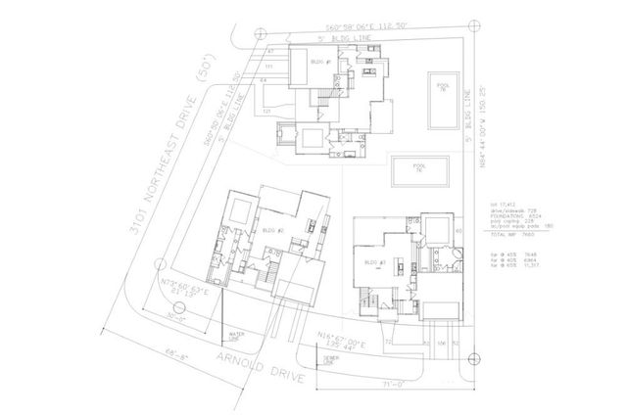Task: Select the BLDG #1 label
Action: pyautogui.click(x=318, y=63)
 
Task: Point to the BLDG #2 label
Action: pyautogui.click(x=273, y=230)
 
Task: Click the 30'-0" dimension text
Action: pyautogui.click(x=176, y=317)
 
